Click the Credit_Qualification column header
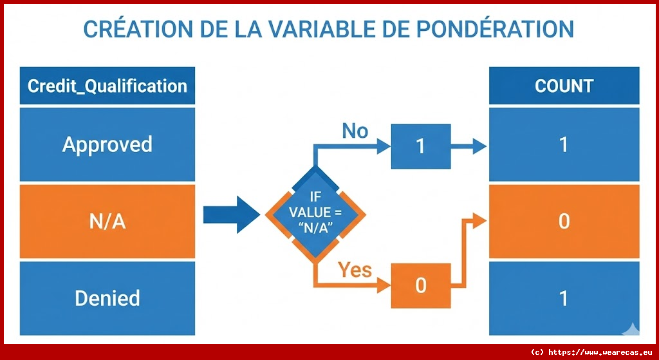pyautogui.click(x=107, y=86)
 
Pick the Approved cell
pyautogui.click(x=107, y=144)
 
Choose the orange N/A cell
pyautogui.click(x=107, y=222)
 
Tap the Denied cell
pyautogui.click(x=107, y=298)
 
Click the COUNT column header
pyautogui.click(x=564, y=86)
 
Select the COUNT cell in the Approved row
pyautogui.click(x=564, y=144)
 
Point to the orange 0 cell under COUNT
pyautogui.click(x=564, y=222)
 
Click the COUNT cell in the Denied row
pyautogui.click(x=564, y=298)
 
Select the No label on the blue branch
pyautogui.click(x=355, y=131)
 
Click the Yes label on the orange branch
pyautogui.click(x=355, y=269)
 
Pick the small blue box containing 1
pyautogui.click(x=420, y=146)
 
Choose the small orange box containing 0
pyautogui.click(x=420, y=285)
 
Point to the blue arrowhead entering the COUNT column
pyautogui.click(x=478, y=146)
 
